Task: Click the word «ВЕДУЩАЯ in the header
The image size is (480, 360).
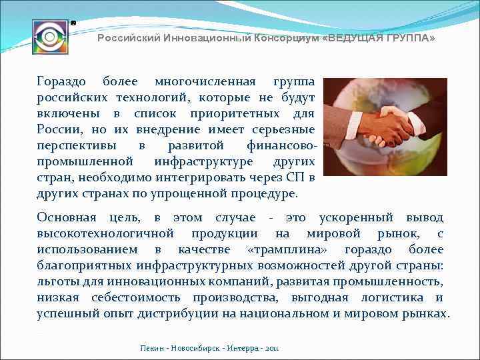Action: (x=351, y=38)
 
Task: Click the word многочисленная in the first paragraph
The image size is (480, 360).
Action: (x=205, y=81)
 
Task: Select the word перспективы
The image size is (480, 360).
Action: (x=74, y=145)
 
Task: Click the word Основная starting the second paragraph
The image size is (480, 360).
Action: (x=66, y=217)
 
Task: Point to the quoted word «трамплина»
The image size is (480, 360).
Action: (x=287, y=249)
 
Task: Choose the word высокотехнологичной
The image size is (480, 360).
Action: (x=105, y=233)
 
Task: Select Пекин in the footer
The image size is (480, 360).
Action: (x=151, y=349)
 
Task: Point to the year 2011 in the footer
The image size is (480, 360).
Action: (x=273, y=349)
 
